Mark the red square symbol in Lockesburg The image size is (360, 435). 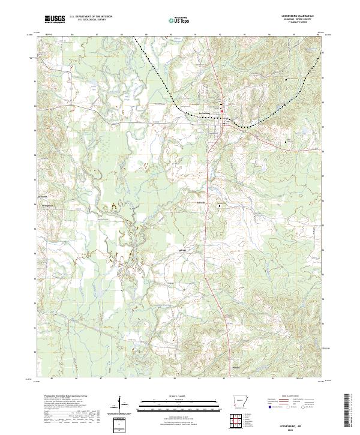[221, 110]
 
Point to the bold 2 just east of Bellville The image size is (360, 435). [220, 206]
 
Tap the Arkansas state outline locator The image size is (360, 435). [240, 401]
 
